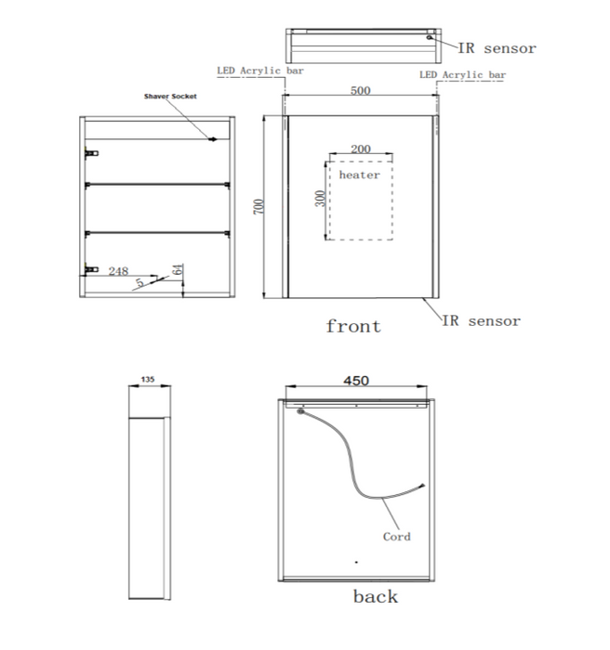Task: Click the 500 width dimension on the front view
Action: point(360,90)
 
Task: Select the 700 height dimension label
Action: point(259,206)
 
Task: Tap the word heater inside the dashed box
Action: point(360,175)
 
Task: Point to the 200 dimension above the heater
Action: point(361,149)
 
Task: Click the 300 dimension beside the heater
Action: point(320,198)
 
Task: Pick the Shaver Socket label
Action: point(170,97)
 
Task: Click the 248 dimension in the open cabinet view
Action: point(118,271)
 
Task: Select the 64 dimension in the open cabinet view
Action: point(178,269)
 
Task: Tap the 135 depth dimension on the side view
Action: point(148,379)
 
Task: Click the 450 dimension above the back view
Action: point(356,381)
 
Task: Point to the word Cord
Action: point(396,537)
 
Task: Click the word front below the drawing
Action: point(353,326)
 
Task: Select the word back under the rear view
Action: point(376,596)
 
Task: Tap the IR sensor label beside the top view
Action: point(497,48)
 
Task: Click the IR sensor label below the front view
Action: point(482,321)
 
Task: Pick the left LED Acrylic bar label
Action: point(260,71)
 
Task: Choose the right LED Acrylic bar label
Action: point(462,75)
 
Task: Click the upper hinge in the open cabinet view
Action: point(91,153)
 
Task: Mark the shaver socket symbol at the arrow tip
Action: point(213,139)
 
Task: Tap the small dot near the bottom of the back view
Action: point(356,562)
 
